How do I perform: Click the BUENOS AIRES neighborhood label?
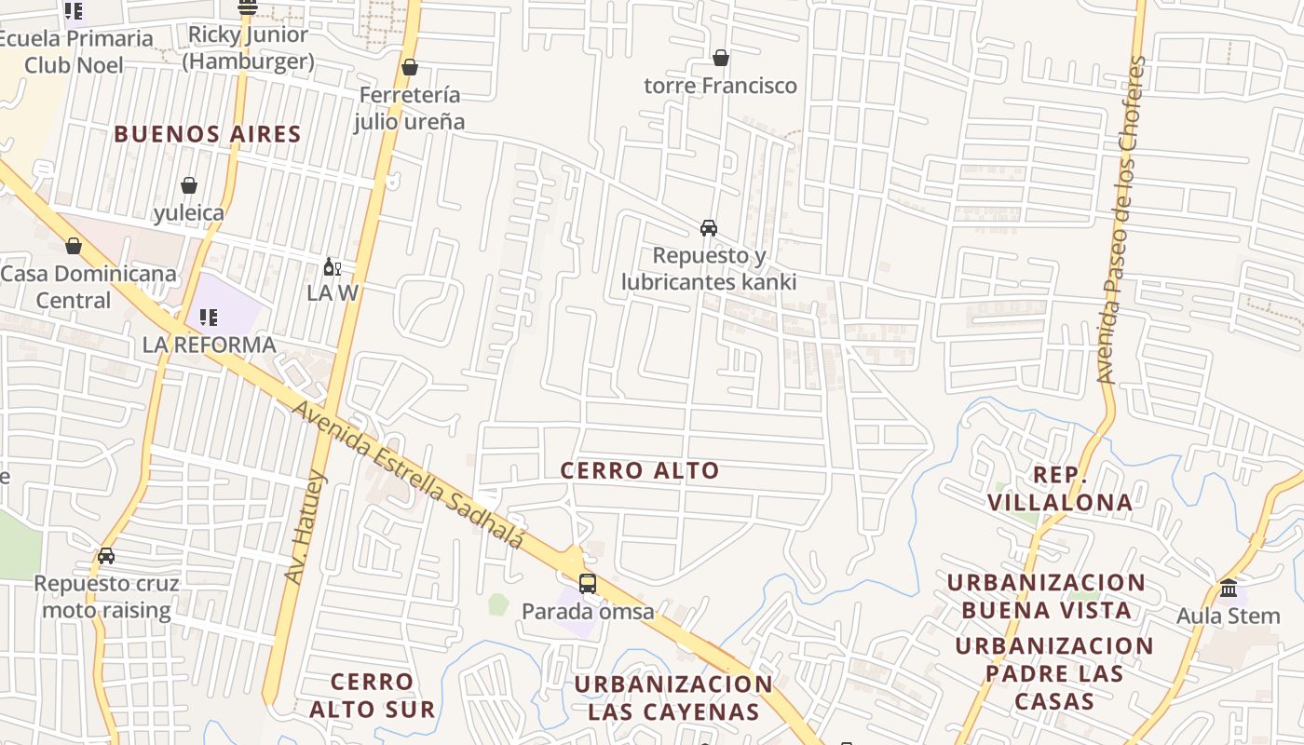(208, 134)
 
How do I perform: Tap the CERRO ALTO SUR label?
(372, 696)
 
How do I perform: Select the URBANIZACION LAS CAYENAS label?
(673, 698)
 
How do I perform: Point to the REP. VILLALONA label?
(1060, 489)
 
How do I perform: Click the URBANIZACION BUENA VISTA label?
(1046, 596)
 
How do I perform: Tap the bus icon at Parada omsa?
(588, 584)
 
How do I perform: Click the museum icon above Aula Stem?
(1229, 589)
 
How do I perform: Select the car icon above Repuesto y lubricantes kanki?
(709, 228)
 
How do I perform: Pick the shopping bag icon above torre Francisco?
(720, 58)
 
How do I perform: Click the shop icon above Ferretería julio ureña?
(409, 67)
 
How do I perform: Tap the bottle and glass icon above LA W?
(332, 267)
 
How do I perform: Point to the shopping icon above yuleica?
(189, 185)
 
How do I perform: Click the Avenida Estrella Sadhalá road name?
(409, 475)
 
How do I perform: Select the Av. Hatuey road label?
(306, 528)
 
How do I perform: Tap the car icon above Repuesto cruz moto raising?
(106, 556)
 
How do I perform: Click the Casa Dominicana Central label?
(88, 287)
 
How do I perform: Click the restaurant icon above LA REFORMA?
(209, 318)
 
